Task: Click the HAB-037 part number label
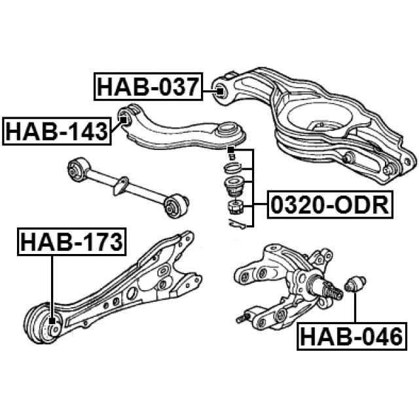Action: pyautogui.click(x=149, y=86)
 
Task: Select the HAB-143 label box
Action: pyautogui.click(x=56, y=131)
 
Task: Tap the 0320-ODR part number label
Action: pyautogui.click(x=330, y=205)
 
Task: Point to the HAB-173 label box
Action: pyautogui.click(x=71, y=242)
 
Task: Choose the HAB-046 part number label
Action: pyautogui.click(x=352, y=336)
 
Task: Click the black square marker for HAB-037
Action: pyautogui.click(x=220, y=91)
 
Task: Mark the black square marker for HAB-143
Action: pyautogui.click(x=124, y=120)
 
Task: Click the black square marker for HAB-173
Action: pyautogui.click(x=52, y=320)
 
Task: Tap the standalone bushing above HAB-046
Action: pyautogui.click(x=355, y=284)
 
